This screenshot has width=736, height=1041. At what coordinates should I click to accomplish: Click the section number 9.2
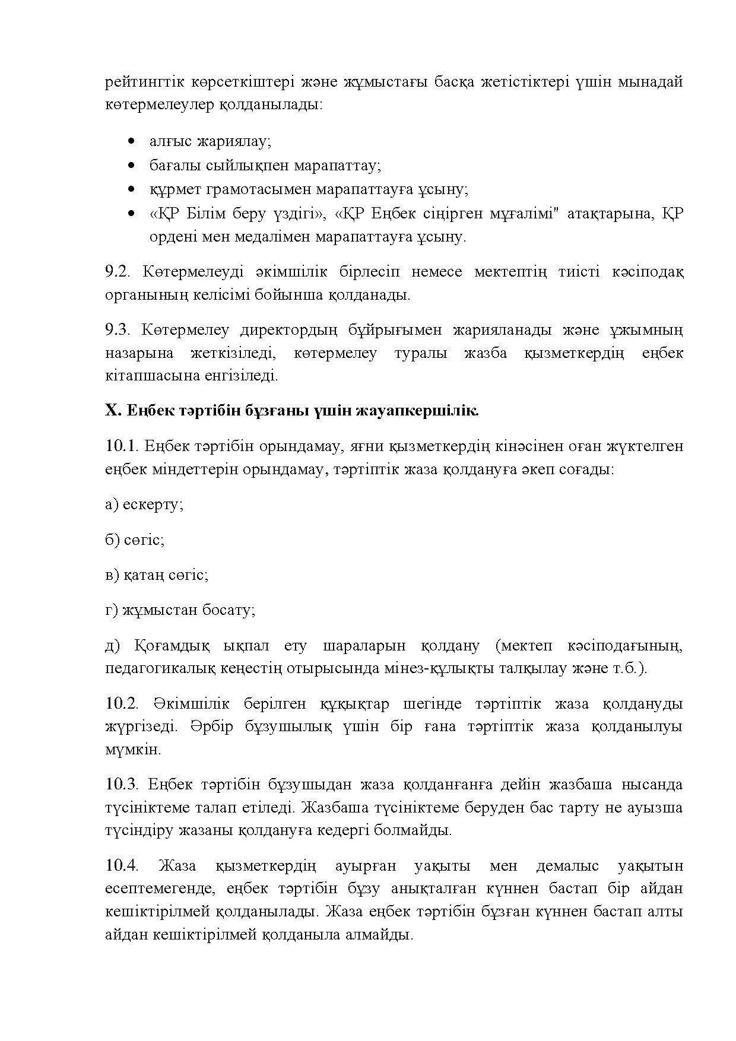(x=117, y=272)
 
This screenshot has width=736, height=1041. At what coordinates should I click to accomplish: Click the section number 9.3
(x=117, y=330)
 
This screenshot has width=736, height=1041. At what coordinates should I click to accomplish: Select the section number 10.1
(x=120, y=446)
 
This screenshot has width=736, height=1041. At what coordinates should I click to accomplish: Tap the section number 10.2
(x=121, y=704)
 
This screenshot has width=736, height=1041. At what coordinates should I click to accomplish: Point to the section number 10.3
(x=121, y=785)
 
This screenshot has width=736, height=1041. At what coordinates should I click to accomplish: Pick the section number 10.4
(x=121, y=866)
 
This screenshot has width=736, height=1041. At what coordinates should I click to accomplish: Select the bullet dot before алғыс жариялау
(x=131, y=141)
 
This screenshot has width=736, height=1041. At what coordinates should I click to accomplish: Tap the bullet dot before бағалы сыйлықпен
(x=131, y=166)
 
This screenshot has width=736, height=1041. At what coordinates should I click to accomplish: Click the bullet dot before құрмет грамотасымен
(x=131, y=189)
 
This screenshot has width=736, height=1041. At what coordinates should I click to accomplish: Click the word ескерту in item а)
(x=153, y=504)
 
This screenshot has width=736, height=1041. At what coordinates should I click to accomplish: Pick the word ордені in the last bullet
(x=173, y=237)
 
